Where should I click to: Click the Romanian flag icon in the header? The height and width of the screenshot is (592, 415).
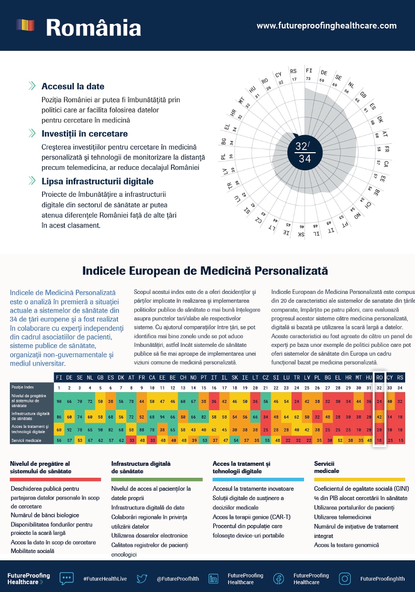(25, 25)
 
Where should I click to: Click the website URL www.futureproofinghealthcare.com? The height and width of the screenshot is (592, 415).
(326, 25)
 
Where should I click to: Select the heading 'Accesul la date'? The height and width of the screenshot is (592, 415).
(73, 86)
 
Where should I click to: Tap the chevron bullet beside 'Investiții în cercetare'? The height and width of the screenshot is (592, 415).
(32, 133)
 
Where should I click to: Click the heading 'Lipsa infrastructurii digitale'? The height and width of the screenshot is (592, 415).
(98, 181)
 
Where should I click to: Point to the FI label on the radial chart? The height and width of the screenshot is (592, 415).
(309, 71)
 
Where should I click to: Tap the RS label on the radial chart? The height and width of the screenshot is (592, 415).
(294, 71)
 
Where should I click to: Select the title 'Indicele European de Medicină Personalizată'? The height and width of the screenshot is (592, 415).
(205, 271)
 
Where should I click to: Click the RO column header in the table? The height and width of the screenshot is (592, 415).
(380, 378)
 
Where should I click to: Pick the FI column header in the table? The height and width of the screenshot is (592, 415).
(59, 378)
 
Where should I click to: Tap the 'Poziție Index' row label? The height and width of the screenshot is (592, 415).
(22, 387)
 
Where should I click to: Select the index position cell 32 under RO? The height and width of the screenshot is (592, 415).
(380, 387)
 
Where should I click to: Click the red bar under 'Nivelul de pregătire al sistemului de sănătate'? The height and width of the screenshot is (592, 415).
(55, 479)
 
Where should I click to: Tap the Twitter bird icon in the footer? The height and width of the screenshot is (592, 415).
(142, 578)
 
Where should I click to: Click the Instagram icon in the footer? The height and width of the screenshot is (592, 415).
(345, 578)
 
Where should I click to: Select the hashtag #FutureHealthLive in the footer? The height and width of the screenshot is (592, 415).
(105, 578)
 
